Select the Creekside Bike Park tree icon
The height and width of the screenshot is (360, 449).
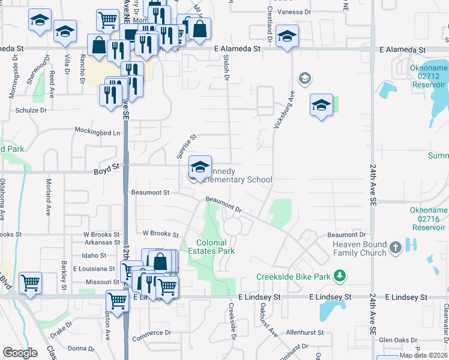point(340,276)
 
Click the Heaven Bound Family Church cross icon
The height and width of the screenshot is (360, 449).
point(395,247)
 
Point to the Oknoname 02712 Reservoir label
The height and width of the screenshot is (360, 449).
point(429,77)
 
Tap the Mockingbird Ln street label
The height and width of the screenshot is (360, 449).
point(97,131)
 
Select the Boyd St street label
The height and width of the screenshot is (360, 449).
point(106,172)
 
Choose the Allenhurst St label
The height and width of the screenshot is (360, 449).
point(304,332)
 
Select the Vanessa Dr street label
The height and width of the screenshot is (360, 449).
point(295,11)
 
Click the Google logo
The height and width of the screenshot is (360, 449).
point(20,353)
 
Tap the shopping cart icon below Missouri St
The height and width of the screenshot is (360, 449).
point(116,301)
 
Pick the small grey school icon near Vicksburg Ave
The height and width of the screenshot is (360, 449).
point(304,78)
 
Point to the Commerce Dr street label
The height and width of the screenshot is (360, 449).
point(151,332)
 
